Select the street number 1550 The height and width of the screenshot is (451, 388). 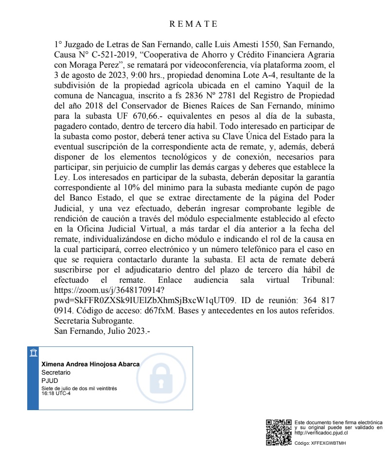(259, 45)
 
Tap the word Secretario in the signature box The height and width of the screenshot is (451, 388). (56, 372)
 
